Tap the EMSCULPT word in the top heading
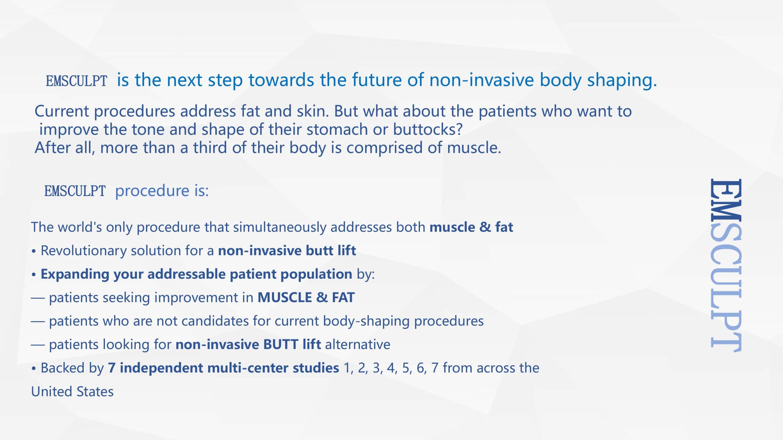tap(76, 81)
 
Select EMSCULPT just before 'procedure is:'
tap(75, 191)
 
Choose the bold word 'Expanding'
tap(75, 274)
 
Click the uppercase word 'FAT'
tap(343, 298)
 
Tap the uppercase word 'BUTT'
tap(281, 345)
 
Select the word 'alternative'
tap(358, 345)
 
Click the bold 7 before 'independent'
tap(112, 368)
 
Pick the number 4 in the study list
tap(391, 368)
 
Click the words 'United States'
tap(72, 392)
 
